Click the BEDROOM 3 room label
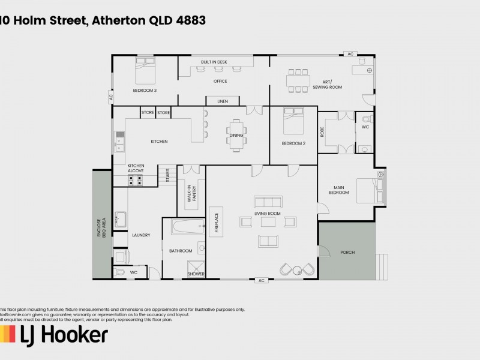(145, 91)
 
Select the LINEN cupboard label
(222, 101)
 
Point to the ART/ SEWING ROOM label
(327, 85)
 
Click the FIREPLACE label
(217, 220)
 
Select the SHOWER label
(196, 274)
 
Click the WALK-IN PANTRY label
(191, 194)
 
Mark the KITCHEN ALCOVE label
(136, 168)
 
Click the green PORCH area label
(347, 252)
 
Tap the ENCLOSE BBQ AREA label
(102, 229)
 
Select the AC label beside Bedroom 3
(111, 96)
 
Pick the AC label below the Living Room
(261, 280)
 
